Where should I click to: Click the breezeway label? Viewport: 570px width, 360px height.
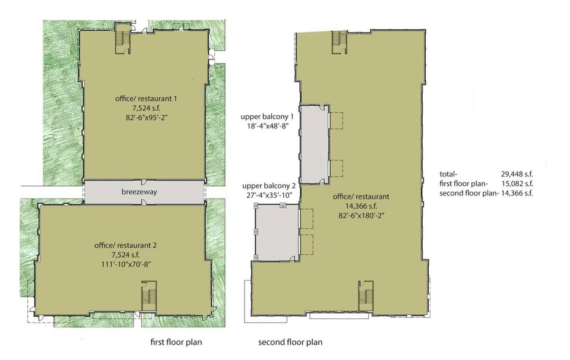point(139,191)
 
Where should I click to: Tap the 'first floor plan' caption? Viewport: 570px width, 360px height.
point(176,342)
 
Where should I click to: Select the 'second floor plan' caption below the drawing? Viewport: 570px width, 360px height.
point(290,342)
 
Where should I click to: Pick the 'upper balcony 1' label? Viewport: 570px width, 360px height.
point(267,116)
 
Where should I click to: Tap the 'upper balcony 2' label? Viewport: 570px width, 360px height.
point(268,186)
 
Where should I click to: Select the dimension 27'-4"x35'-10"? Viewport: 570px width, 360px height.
point(270,195)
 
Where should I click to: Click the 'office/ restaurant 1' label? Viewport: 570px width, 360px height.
point(146,98)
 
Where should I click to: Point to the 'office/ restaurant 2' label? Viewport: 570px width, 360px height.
point(125,245)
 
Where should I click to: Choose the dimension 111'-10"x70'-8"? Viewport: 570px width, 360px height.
point(126,264)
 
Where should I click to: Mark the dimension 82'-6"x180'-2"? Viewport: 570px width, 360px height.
point(361,215)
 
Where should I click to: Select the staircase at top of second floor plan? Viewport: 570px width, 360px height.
point(340,42)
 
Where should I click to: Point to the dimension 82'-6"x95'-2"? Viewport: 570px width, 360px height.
point(146,117)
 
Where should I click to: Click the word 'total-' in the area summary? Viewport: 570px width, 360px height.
point(448,174)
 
